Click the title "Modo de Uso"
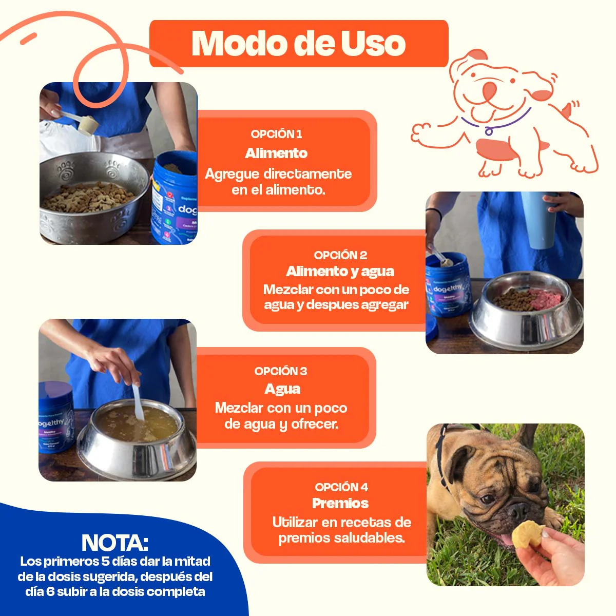pos(298,44)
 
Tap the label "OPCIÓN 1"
pos(276,134)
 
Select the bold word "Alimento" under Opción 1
pos(276,153)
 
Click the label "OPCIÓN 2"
pos(340,255)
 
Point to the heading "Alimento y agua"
pos(340,272)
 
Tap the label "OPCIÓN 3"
pos(280,371)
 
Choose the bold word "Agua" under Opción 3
pos(282,389)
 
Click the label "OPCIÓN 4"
pos(341,487)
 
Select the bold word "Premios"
pos(340,503)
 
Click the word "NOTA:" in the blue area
pos(115,543)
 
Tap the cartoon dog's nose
pos(489,91)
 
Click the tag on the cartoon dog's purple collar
pos(489,131)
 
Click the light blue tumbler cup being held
pos(538,221)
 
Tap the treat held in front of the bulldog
pos(528,534)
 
